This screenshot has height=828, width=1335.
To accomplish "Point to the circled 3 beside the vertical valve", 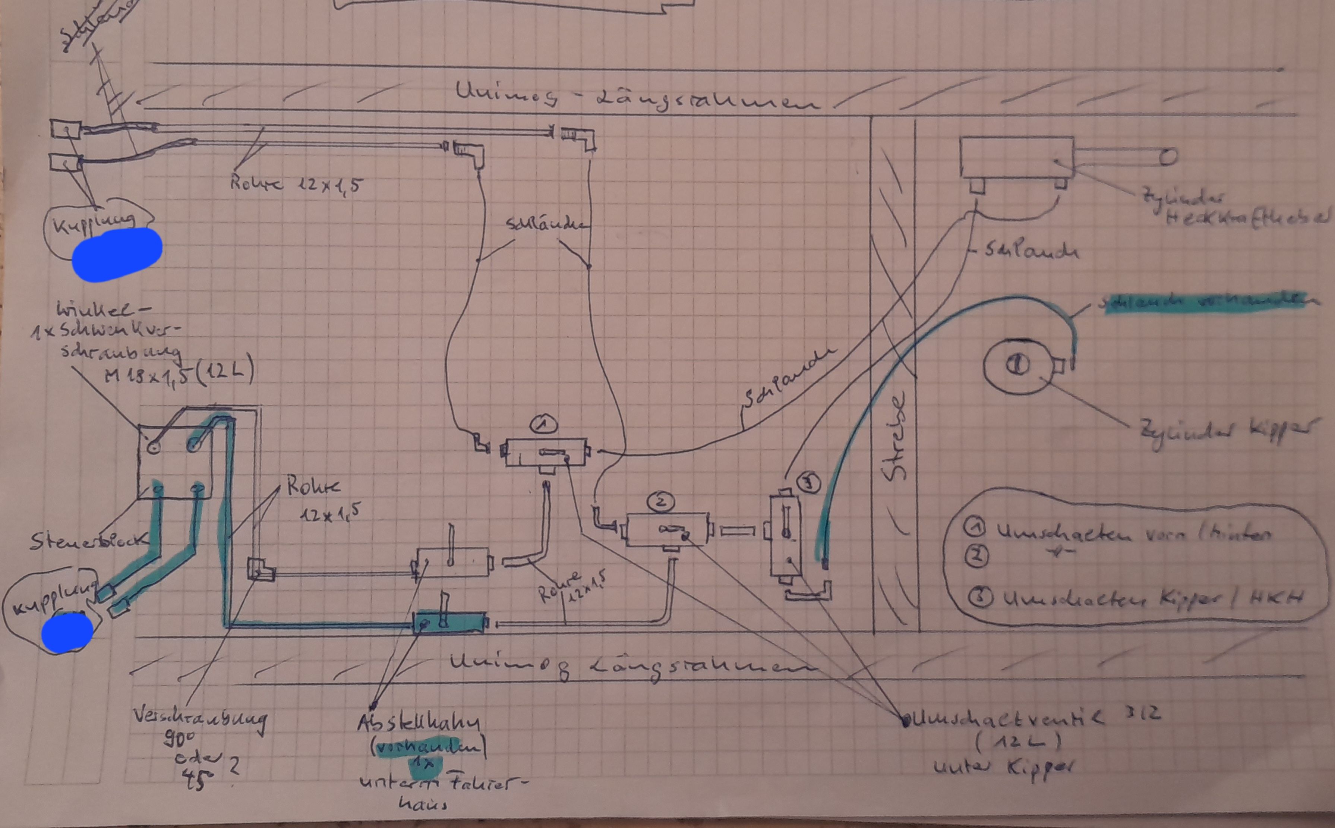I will pos(810,484).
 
